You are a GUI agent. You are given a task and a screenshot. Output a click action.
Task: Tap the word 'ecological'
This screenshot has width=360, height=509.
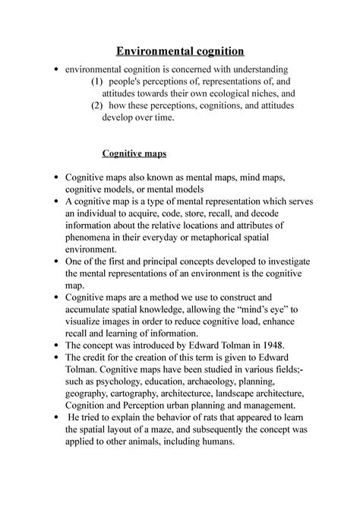195,93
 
